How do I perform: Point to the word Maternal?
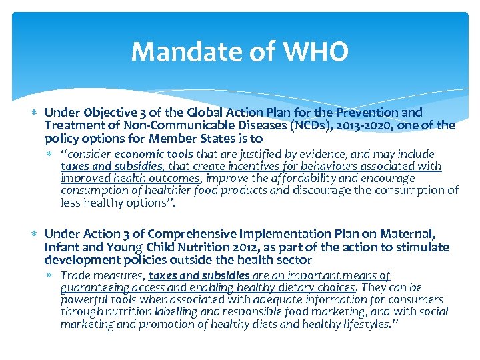410,234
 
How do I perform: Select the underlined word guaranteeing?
93,287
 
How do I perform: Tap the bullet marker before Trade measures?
51,275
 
